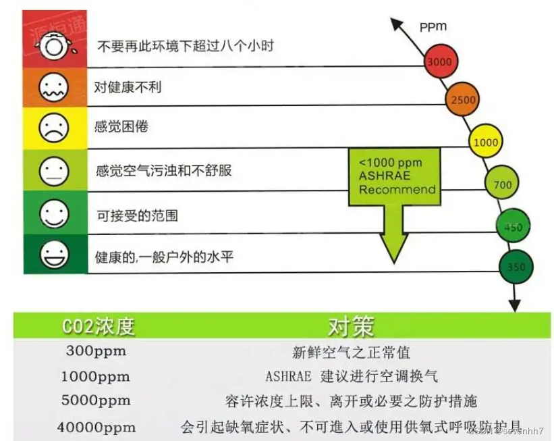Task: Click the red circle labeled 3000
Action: (x=439, y=61)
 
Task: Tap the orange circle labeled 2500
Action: (x=463, y=100)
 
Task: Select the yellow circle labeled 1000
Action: (x=486, y=142)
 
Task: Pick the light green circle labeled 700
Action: (x=502, y=184)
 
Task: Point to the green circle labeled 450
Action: (x=512, y=227)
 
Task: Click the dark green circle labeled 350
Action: (x=515, y=266)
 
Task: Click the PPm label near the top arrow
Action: (x=433, y=27)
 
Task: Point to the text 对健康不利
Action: (x=128, y=87)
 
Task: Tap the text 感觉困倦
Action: (x=121, y=128)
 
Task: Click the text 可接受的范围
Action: (x=138, y=216)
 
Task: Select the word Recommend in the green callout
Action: (x=397, y=190)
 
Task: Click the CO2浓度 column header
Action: (x=98, y=327)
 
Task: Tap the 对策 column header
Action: (x=350, y=327)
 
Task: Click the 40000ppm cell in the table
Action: (x=97, y=427)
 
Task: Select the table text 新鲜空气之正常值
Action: (x=351, y=352)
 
